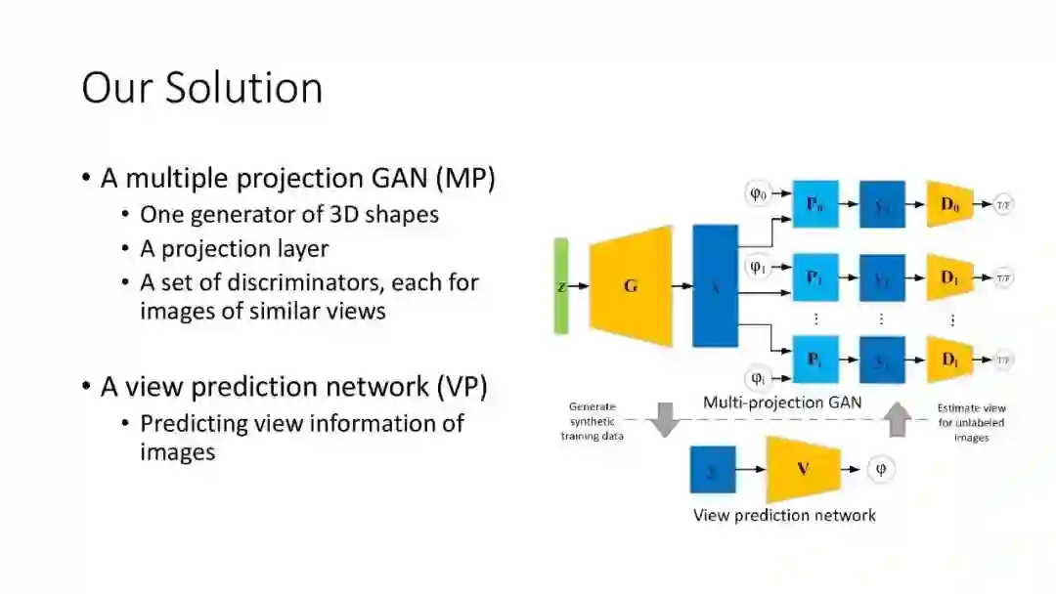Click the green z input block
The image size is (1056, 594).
(x=560, y=285)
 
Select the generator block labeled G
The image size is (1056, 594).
(x=631, y=285)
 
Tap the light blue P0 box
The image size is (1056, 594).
(x=814, y=204)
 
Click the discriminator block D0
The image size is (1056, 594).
(x=949, y=204)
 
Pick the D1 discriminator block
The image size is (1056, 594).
(x=949, y=277)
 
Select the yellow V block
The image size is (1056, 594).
(x=803, y=469)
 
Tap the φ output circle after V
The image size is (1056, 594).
(x=880, y=469)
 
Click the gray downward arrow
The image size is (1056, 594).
(x=666, y=418)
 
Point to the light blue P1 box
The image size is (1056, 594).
(x=814, y=277)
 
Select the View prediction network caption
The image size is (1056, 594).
(x=784, y=515)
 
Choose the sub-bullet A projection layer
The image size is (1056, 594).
(x=234, y=249)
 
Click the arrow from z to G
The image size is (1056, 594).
(x=579, y=286)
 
